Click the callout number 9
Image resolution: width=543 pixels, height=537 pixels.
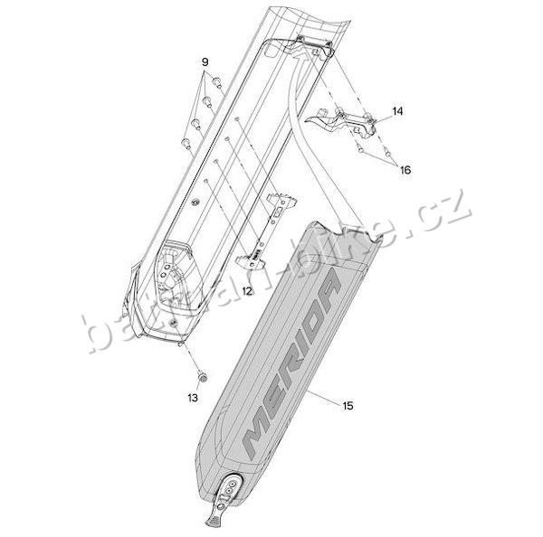(205, 62)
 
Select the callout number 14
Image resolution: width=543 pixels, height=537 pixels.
(397, 111)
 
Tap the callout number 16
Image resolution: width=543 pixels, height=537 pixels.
(405, 170)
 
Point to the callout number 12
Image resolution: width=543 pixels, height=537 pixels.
(247, 291)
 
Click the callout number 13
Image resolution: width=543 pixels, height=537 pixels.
(193, 398)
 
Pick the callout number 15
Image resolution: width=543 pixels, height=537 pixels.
(348, 406)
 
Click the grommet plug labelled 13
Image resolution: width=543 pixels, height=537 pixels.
(202, 377)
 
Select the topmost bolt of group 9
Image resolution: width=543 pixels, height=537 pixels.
(217, 82)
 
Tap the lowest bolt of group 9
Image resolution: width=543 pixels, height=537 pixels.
(186, 143)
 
